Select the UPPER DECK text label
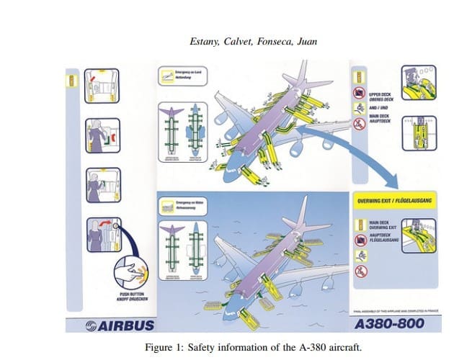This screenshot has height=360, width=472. (x=380, y=94)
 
